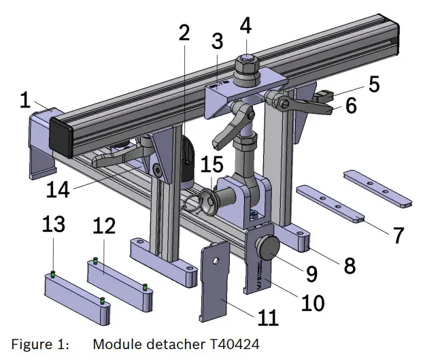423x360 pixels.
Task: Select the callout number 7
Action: (398, 235)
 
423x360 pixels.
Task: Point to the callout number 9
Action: (312, 274)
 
